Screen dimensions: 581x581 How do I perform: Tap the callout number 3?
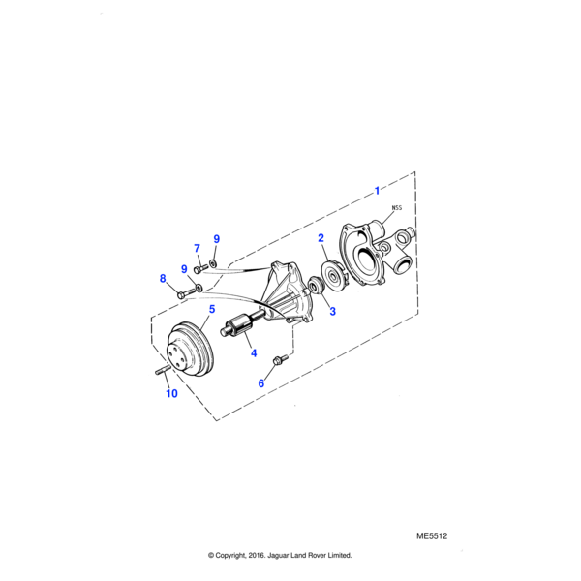coord(331,311)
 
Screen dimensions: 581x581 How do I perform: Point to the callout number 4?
coord(253,353)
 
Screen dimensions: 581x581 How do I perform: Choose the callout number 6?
coord(260,383)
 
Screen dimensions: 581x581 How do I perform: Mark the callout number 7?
coord(197,248)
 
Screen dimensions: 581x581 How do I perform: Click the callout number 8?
coord(163,280)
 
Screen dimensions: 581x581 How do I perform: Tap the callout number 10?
coord(171,394)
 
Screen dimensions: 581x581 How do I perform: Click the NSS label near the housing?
coord(397,208)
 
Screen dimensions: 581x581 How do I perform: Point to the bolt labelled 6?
coord(279,361)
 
